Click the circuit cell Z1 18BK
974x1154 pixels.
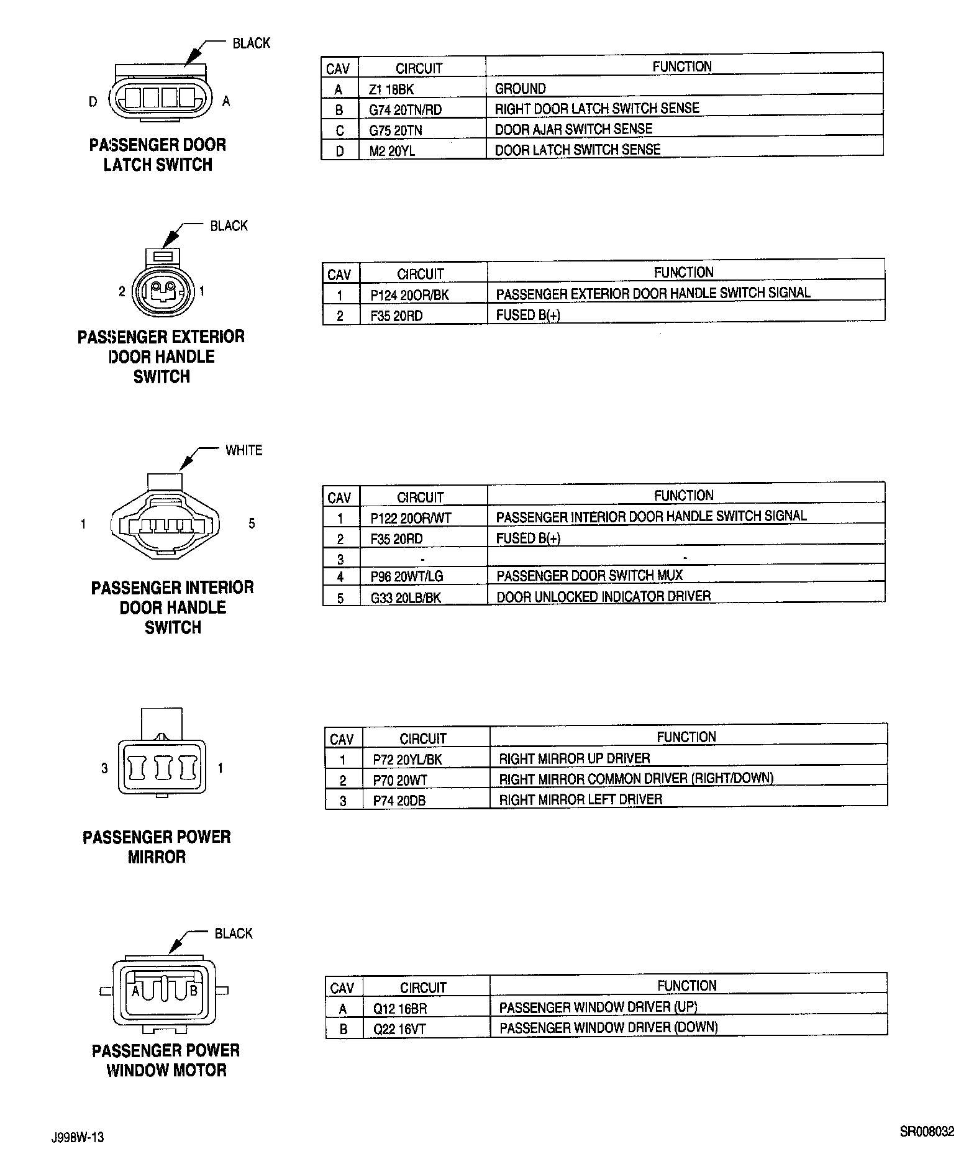[x=391, y=89]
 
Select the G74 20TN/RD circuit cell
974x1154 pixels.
[x=405, y=110]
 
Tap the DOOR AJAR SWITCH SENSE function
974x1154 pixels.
[x=573, y=129]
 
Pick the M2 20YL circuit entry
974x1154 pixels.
[x=392, y=150]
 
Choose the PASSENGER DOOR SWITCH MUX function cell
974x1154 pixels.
[x=589, y=576]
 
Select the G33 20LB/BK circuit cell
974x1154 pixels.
[x=406, y=597]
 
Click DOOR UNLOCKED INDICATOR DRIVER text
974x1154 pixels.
[x=603, y=597]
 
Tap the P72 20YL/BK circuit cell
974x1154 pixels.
[x=407, y=759]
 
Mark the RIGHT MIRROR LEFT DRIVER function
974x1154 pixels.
[x=581, y=800]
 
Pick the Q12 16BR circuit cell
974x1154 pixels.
[x=400, y=1009]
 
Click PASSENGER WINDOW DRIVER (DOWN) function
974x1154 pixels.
[x=608, y=1028]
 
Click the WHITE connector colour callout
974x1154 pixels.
[x=243, y=450]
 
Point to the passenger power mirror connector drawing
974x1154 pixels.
[x=162, y=761]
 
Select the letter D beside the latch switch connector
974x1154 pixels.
[x=93, y=101]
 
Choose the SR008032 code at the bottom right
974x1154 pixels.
[x=927, y=1132]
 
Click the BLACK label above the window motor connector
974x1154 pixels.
[x=233, y=934]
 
